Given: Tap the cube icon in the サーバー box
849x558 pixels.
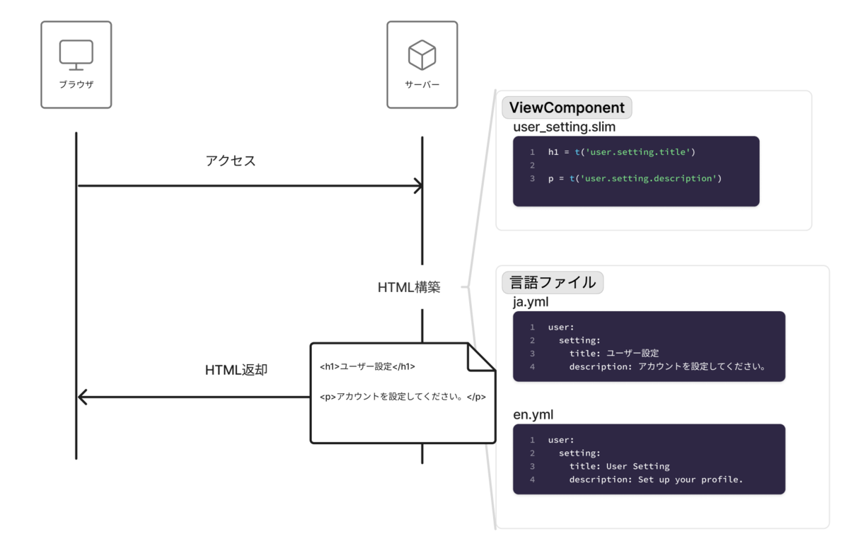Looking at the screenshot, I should [x=422, y=55].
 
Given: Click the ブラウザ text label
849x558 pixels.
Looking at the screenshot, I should [x=76, y=84].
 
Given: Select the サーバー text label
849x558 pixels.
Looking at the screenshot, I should [x=422, y=84].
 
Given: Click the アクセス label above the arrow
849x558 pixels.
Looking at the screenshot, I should [x=231, y=161].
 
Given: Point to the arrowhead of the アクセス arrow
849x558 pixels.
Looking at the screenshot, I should [x=419, y=186].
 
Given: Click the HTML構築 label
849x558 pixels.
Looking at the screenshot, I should [x=409, y=287].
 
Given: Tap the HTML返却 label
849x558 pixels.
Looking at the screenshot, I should [x=236, y=369].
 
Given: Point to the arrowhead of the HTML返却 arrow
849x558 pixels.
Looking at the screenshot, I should [x=82, y=397].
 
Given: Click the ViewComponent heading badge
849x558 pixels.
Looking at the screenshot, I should [x=567, y=107].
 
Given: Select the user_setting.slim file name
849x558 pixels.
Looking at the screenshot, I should [x=564, y=127].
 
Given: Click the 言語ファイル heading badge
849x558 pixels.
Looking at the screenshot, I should [x=553, y=282].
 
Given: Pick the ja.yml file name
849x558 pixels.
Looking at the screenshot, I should [x=531, y=302].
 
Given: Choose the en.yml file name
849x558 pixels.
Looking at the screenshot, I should [x=533, y=414].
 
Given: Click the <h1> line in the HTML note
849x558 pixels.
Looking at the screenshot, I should [x=367, y=367].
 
